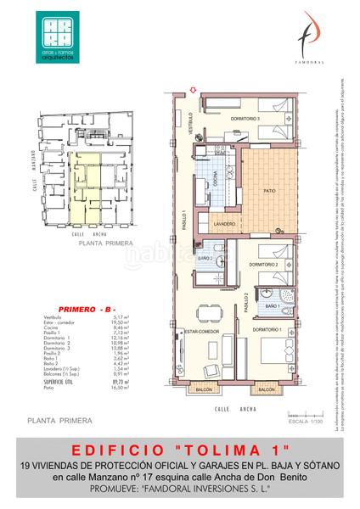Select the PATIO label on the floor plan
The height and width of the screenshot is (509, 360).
tap(270, 191)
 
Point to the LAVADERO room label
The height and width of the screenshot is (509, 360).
tap(225, 224)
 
